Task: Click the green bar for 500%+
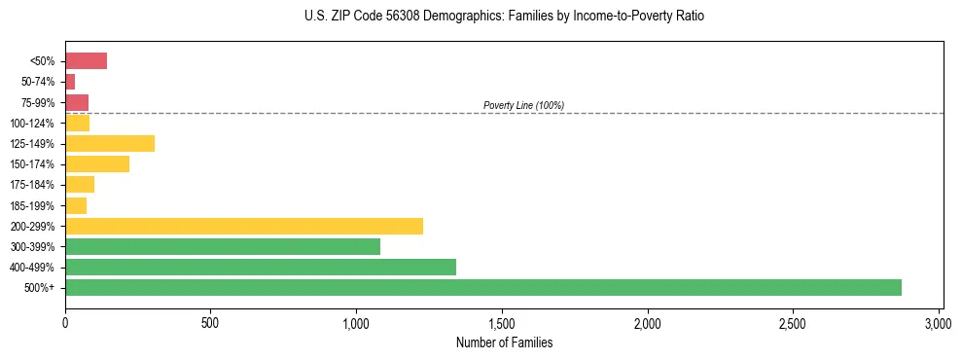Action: (x=483, y=287)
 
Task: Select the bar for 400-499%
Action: (x=261, y=267)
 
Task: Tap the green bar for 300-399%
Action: (x=223, y=246)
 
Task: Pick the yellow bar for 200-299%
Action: (x=244, y=226)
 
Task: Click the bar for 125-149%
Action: (x=110, y=144)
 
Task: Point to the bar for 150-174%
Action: (x=97, y=164)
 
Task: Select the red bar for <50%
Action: (x=86, y=61)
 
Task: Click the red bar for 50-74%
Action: (x=70, y=82)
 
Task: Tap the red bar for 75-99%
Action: (x=77, y=102)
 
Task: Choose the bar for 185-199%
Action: (x=76, y=205)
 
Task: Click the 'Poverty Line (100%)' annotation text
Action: (x=523, y=105)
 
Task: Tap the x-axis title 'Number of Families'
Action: (x=504, y=342)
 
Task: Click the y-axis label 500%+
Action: (x=42, y=288)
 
